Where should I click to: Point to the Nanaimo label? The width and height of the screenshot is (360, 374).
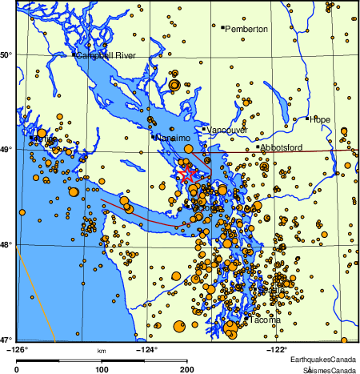[173, 138]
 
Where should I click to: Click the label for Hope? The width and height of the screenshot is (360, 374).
[320, 119]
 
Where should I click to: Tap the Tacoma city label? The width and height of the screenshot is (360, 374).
[265, 320]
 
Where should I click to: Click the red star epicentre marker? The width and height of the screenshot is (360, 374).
[188, 173]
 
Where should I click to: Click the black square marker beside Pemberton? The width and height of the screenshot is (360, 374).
[222, 26]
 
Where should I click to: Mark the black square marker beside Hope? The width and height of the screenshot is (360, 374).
[307, 119]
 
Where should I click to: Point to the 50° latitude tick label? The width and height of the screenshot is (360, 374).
[7, 54]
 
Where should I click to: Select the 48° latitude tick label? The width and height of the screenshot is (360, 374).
[7, 244]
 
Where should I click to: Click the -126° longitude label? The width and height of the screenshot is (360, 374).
[17, 348]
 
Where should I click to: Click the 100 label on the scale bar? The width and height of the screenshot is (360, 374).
[102, 369]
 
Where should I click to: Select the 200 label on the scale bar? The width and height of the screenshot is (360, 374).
[187, 369]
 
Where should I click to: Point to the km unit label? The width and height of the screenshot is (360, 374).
[102, 351]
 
